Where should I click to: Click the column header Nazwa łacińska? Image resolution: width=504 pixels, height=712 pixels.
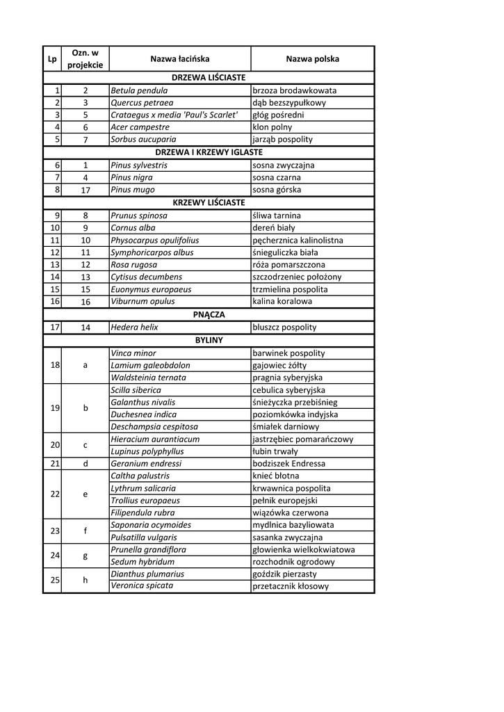coord(180,59)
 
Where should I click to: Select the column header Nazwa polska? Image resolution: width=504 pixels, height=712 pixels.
coord(312,59)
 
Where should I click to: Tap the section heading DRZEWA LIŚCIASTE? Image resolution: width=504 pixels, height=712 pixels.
coord(209,77)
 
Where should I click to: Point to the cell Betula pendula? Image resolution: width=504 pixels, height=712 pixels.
coord(139,90)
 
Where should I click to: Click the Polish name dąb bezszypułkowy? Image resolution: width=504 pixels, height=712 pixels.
coord(289,103)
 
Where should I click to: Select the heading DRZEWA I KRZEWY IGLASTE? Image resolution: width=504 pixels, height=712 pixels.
coord(209,152)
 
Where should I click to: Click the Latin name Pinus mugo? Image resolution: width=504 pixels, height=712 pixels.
coord(133,190)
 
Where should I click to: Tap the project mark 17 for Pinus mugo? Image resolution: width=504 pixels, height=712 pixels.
coord(86,190)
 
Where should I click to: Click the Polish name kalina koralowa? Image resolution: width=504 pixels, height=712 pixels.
coord(282,302)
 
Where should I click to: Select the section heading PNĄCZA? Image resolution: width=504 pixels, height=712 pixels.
coord(209,314)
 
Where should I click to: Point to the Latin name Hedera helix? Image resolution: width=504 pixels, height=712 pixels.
coord(134,327)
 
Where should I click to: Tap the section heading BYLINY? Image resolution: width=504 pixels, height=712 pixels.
coord(209,340)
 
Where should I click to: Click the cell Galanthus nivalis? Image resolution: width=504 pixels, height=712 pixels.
coord(143,402)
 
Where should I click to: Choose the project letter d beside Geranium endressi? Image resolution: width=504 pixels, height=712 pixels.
coord(86,464)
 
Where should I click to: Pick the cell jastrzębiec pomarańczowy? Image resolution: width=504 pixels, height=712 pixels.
coord(303,439)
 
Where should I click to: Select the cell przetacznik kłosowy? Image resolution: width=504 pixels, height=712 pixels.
coord(291,586)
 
